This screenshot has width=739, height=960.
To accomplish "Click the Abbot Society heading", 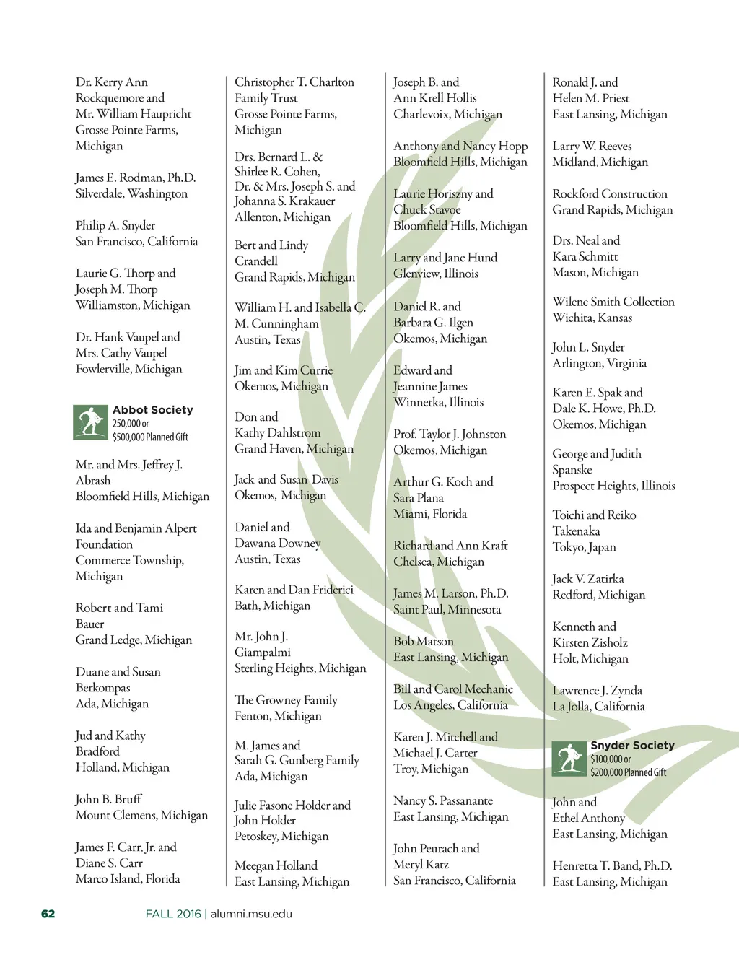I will pos(152,410).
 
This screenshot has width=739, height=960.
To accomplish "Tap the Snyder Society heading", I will pos(632,745).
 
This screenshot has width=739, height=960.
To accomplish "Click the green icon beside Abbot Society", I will pos(90,422).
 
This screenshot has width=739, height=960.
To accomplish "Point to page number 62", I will pos(48,914).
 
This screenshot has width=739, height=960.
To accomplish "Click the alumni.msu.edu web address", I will pos(251,914).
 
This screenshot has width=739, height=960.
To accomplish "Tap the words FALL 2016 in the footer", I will pos(173,914).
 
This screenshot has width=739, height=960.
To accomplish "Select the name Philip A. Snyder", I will pos(115,225).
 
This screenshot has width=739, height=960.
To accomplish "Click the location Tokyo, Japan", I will pos(584,547).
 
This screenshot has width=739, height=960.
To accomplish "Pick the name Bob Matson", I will pos(424,641).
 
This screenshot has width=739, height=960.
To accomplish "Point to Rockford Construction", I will pos(610,193).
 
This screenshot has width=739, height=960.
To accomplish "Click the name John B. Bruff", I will pos(108,799).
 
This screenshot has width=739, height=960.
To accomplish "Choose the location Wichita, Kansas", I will pos(592,318).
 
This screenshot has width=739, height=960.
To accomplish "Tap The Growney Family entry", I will pos(286,700).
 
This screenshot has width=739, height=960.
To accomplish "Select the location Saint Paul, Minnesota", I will pos(447,609).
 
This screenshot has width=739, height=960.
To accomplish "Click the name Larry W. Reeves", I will pos(592,146).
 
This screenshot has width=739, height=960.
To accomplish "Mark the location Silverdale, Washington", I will pos(131,193).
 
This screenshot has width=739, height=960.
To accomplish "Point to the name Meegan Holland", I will pos(276,865).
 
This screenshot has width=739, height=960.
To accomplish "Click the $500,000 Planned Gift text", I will pos(150,437).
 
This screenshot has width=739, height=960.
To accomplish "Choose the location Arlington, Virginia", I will pos(599,363).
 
